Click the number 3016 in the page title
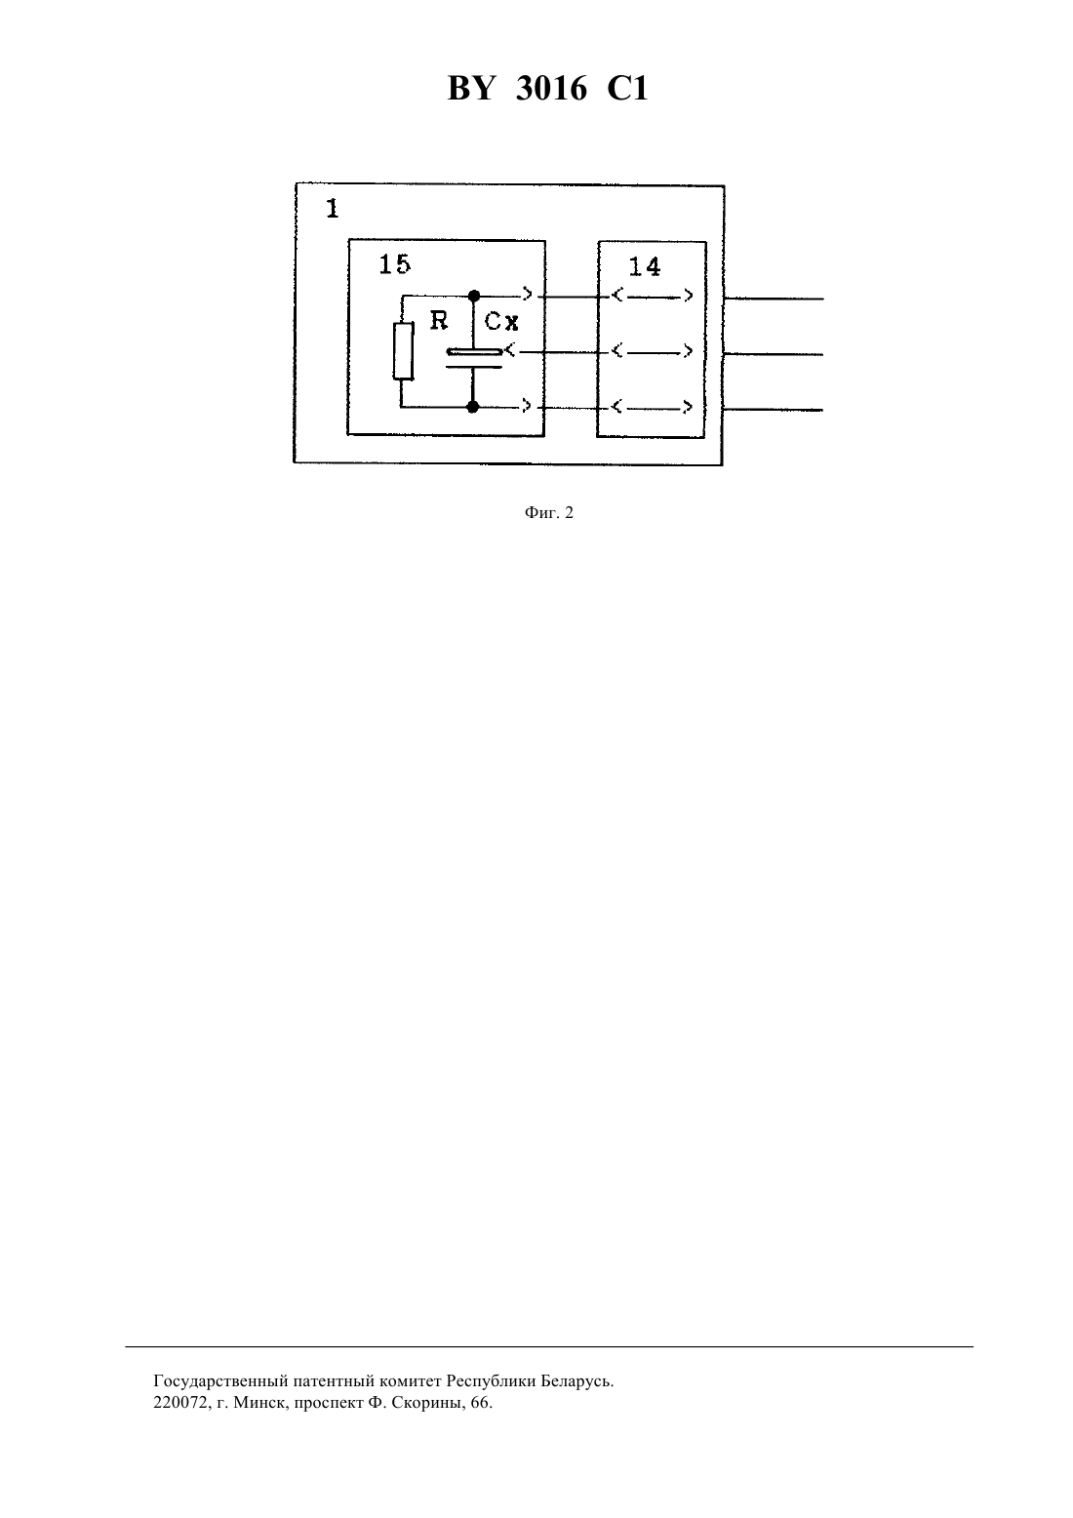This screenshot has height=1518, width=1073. pos(551,89)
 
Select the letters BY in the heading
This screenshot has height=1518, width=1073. pos(471,89)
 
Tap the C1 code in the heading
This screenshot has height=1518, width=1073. pos(627,89)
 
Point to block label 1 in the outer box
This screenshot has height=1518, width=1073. pos(332,209)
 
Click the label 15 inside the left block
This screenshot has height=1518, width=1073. pos(394,264)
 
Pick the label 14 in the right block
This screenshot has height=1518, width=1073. pos(644,267)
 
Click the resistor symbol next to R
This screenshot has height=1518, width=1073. pos(403,351)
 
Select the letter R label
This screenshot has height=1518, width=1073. pos(439,321)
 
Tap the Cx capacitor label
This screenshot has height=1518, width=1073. pos(501,321)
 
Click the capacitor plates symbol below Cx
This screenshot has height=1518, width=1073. pos(474,358)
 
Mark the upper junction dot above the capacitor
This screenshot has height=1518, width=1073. pos(474,296)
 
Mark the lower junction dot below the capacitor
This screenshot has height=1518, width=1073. pos(473,407)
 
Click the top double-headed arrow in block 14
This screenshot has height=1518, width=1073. pos(652,297)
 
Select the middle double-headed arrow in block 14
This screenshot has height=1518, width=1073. pos(652,351)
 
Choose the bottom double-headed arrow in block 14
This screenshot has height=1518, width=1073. pos(652,407)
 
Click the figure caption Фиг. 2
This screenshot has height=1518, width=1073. pos(548,513)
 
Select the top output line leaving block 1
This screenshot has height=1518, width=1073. pos(774,299)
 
